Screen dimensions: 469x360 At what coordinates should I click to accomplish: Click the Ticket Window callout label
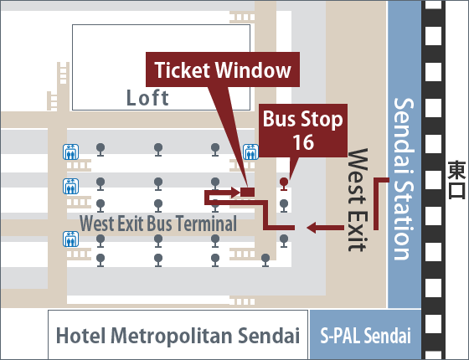point(223,70)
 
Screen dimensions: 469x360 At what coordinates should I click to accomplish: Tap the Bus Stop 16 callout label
point(302,131)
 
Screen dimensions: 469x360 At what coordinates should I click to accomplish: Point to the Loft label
point(147,97)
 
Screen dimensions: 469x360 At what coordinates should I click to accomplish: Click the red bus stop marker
point(284,184)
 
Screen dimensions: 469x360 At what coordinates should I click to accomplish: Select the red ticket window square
point(248,192)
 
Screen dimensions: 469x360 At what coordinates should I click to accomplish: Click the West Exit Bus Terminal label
point(158,224)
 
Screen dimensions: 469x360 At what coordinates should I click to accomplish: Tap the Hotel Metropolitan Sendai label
point(178,336)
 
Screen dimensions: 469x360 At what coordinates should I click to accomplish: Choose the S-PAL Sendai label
point(365,336)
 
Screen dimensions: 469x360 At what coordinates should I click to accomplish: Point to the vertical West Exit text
point(357,200)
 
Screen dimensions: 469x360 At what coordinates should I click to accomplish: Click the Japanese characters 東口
point(456,180)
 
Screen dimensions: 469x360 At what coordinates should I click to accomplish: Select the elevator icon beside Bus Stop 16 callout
point(250,152)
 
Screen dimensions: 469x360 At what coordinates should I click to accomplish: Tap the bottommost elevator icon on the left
point(71,239)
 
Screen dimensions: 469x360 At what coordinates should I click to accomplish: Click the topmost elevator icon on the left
point(71,152)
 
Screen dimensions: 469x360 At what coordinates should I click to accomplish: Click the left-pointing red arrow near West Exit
point(325,228)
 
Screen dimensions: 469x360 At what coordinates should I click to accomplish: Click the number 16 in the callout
point(303,142)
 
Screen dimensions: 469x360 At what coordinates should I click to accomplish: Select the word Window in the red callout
point(253,70)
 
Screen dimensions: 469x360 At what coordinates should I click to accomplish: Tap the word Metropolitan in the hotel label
point(172,336)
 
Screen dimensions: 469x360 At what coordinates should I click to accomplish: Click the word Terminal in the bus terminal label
point(206,224)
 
